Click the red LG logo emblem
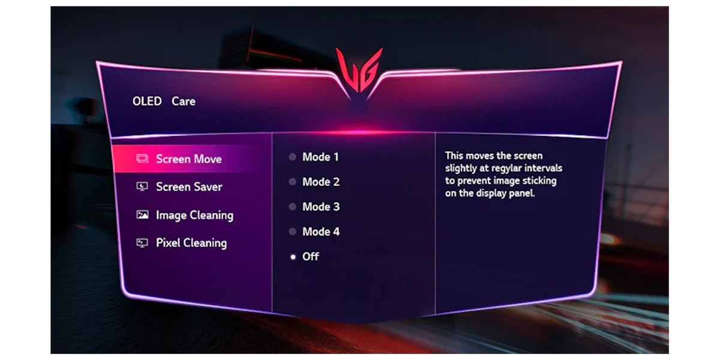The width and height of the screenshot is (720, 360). pos(359,70)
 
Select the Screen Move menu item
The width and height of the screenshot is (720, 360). pos(188,159)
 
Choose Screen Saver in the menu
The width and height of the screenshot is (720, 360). pos(189,187)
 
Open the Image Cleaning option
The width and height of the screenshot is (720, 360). pos(194,215)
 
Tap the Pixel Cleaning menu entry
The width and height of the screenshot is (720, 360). pos(191,243)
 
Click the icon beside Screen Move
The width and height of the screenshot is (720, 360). pos(142,158)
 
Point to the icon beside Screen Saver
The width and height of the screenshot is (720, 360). pos(142,187)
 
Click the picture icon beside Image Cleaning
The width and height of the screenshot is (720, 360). pos(142,214)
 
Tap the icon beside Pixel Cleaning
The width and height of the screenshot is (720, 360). pos(142,242)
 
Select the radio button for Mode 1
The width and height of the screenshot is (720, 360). pos(293,157)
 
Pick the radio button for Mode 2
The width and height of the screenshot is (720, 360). pos(293,182)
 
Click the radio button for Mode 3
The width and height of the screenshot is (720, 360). pos(293,206)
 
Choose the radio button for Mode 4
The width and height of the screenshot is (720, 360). pos(293,232)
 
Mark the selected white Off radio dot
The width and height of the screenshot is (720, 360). pos(293,257)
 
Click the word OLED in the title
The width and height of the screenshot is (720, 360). pos(147,101)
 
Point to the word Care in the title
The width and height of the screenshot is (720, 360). pos(184,101)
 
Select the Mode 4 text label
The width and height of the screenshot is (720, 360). pos(321,232)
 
